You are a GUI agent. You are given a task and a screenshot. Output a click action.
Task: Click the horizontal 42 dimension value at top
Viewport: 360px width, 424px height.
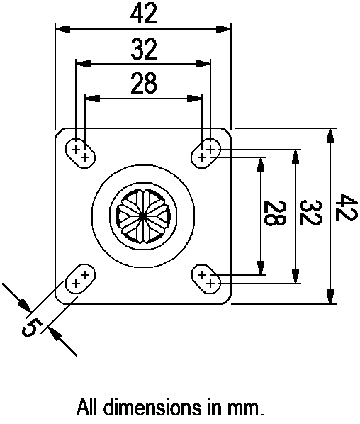click(x=143, y=13)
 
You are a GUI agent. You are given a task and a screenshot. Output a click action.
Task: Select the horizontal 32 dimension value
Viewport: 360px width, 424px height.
click(x=143, y=49)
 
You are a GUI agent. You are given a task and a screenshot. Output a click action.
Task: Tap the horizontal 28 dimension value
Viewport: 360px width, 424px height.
click(x=143, y=84)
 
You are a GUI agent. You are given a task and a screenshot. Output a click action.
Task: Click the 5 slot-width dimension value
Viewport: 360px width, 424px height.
click(x=32, y=328)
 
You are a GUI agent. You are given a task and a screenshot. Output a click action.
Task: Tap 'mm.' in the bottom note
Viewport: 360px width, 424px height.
click(x=249, y=408)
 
